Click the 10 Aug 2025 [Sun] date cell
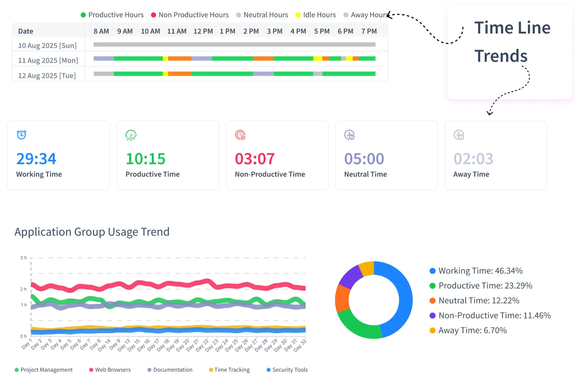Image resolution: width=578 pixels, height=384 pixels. (47, 45)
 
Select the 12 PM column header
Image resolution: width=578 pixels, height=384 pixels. (203, 31)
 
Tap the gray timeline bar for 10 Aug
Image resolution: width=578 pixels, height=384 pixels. (234, 45)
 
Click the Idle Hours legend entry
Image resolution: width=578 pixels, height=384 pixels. (316, 15)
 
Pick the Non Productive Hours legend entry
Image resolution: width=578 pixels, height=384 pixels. (190, 15)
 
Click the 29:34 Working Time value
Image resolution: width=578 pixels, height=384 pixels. (36, 159)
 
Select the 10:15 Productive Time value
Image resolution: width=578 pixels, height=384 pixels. (145, 159)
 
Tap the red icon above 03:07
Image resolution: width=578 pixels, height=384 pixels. (240, 135)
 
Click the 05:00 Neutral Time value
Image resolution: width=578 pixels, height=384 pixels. (364, 159)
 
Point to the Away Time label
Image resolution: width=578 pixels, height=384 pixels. (471, 174)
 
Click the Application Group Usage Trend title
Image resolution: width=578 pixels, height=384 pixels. (92, 232)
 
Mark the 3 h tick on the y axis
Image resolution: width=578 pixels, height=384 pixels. (24, 258)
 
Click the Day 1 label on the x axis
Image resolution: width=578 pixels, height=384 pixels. (27, 344)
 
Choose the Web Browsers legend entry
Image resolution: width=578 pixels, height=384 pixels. (110, 370)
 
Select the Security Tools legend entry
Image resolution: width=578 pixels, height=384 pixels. (287, 370)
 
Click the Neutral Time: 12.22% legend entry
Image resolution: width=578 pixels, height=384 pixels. (474, 301)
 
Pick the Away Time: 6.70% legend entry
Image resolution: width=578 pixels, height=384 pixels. (468, 331)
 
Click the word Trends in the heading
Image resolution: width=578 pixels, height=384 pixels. (501, 56)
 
